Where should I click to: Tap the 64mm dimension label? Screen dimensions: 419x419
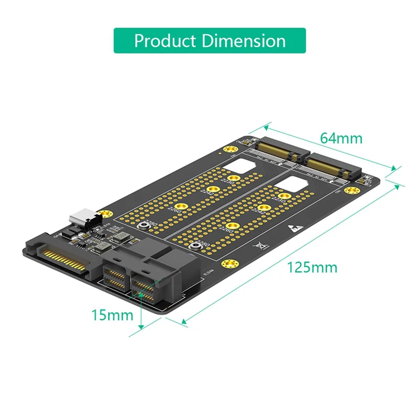pyautogui.click(x=341, y=138)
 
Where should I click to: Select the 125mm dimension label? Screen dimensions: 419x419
pyautogui.click(x=312, y=267)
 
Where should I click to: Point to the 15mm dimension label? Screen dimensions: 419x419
pyautogui.click(x=112, y=315)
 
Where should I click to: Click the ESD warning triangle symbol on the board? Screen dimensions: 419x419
pyautogui.click(x=292, y=229)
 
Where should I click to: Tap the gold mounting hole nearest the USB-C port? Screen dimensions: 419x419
pyautogui.click(x=106, y=214)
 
